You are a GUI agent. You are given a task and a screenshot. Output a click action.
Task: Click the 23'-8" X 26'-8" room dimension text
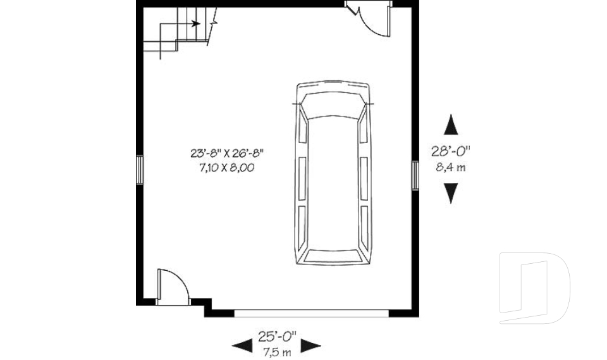coord(226,152)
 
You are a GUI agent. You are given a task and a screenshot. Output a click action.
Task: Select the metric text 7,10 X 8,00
coord(226,168)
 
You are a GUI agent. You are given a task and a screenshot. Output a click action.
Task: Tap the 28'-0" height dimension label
coord(451,151)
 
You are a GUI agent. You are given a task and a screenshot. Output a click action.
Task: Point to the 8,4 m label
coord(451,167)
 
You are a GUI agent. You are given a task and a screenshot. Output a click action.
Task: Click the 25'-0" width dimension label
coord(276,335)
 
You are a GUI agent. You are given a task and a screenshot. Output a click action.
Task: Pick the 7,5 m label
coord(276,351)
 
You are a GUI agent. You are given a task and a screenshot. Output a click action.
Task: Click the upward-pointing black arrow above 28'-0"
coord(450,125)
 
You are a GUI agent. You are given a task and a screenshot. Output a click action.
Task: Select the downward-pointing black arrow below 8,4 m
coord(450,192)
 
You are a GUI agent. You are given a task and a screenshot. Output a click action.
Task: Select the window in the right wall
coord(415,175)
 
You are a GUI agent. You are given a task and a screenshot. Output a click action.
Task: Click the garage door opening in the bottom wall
coord(310,312)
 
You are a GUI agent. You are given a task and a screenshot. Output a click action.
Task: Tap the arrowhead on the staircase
coord(196,24)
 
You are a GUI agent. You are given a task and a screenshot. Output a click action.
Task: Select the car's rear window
coord(333,255)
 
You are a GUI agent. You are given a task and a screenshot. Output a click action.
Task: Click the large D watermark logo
coord(534,288)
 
